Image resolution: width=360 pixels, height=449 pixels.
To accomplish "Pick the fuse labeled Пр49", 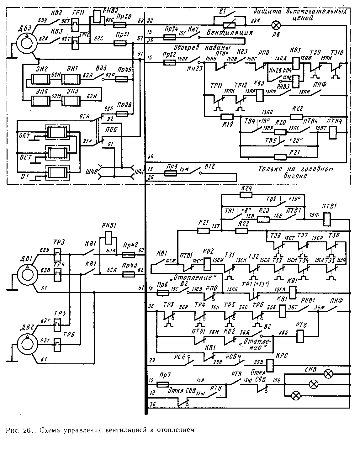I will point(121,80).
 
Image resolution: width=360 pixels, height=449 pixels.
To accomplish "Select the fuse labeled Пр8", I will point(170,172).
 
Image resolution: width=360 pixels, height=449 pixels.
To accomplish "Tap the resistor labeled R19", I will point(226,117).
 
